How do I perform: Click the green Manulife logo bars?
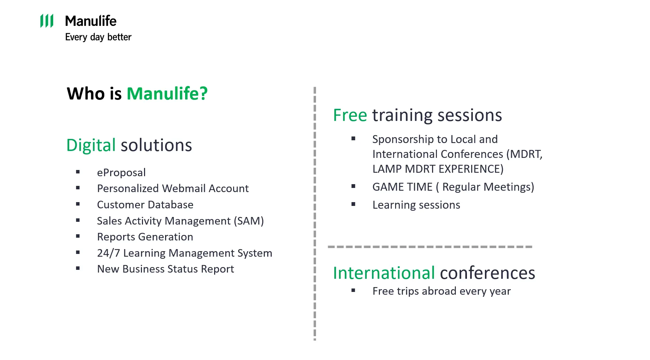point(47,21)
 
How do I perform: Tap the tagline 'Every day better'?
point(98,37)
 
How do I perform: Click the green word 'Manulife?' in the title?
point(167,94)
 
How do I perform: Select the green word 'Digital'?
point(91,145)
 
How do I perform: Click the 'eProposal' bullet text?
point(121,173)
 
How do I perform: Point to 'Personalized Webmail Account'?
point(173,188)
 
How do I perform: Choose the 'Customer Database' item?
point(145,205)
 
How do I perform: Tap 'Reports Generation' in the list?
point(145,237)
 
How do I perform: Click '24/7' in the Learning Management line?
point(108,253)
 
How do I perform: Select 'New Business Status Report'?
point(165,269)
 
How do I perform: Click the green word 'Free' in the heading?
point(350,115)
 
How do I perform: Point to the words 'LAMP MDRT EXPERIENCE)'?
point(438,169)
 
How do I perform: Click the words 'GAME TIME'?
point(402,187)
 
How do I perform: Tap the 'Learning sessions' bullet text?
point(416,205)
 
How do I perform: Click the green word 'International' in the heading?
point(384,273)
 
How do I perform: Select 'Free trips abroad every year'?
point(441,291)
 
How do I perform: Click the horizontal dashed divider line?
point(430,247)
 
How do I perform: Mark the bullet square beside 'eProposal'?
point(78,172)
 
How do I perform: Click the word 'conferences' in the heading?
point(488,273)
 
